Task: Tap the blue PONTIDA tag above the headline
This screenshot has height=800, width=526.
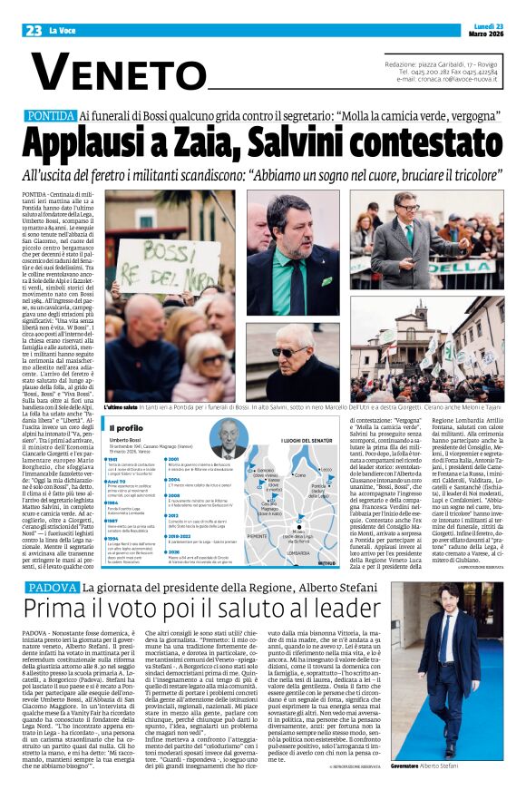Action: pos(51,117)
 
